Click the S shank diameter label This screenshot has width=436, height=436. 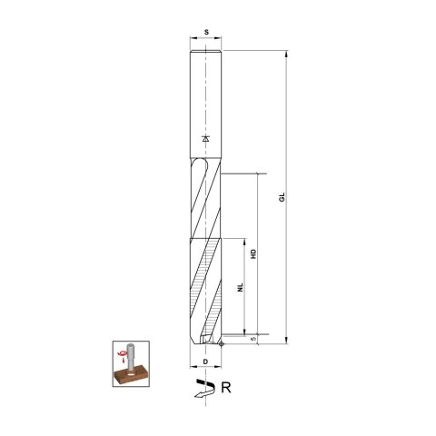tap(207, 32)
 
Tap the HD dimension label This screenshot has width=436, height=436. tap(255, 256)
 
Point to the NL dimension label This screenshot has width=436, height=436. tap(238, 287)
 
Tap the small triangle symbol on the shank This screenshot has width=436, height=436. tap(207, 139)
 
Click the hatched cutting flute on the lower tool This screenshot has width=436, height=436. tap(207, 282)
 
